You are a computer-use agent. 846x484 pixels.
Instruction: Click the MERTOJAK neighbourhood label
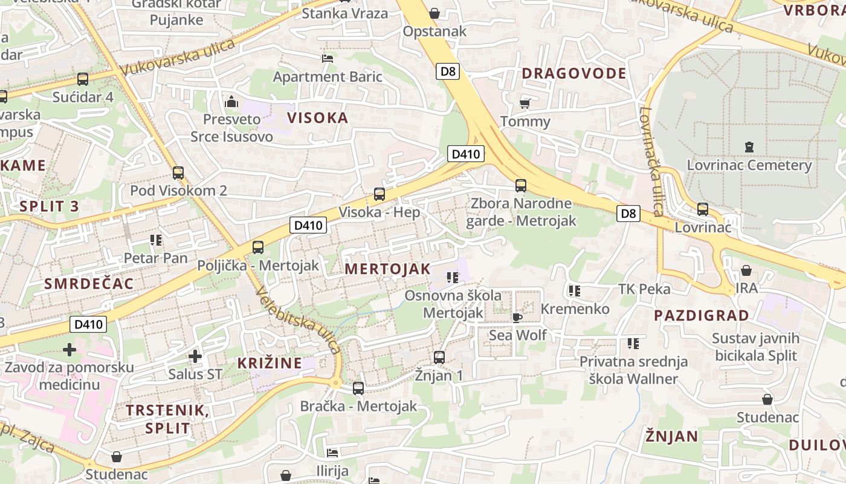(x=387, y=269)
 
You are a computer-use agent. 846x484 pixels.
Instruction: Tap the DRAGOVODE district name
(x=573, y=74)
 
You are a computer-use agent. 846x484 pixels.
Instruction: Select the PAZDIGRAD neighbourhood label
(x=701, y=315)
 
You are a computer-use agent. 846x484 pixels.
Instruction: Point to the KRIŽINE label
(x=270, y=363)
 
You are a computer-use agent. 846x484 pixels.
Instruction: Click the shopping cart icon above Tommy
(x=525, y=103)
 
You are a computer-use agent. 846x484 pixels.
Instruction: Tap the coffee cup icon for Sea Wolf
(x=517, y=317)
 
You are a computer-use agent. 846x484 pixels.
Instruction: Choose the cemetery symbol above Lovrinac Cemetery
(x=749, y=147)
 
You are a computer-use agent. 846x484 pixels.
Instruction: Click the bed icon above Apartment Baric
(x=328, y=59)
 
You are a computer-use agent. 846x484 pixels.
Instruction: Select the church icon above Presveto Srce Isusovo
(x=231, y=102)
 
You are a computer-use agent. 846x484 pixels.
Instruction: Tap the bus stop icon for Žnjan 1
(x=439, y=358)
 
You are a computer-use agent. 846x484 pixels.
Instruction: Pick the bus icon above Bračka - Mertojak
(x=358, y=388)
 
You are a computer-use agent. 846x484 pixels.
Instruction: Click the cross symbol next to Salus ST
(x=195, y=356)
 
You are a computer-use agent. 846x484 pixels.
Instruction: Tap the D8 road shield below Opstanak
(x=447, y=71)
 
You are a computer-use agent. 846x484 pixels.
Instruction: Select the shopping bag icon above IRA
(x=746, y=270)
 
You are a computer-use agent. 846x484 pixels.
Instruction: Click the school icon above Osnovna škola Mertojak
(x=452, y=278)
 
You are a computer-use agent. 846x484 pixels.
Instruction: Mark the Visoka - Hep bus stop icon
(x=379, y=194)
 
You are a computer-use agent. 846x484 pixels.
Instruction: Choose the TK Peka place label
(x=644, y=289)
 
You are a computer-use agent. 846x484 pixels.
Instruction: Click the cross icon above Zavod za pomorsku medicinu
(x=69, y=349)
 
